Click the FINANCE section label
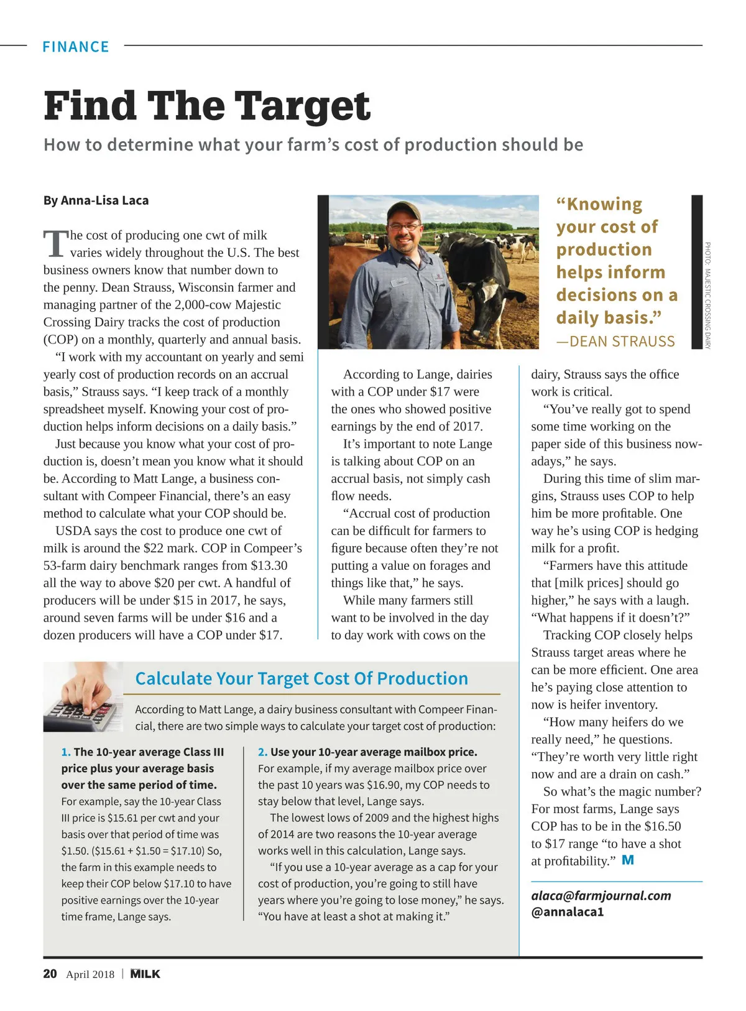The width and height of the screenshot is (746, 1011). pos(75,47)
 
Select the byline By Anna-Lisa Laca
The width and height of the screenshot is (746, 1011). pos(96,200)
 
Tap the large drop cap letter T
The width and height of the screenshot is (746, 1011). pos(55,243)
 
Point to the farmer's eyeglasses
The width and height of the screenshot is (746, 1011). pos(404,226)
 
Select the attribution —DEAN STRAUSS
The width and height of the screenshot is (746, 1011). pos(615,342)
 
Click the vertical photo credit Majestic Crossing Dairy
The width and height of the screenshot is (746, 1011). pos(707,296)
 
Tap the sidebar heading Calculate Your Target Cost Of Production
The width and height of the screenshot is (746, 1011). pos(302,679)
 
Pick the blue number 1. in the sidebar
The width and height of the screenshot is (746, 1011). pos(66,752)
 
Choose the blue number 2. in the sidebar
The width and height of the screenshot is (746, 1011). pos(262,752)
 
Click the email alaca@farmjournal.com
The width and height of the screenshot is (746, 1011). pos(601,895)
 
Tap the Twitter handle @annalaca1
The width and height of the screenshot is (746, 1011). pos(567,912)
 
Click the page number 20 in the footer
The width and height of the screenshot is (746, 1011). pos(50,974)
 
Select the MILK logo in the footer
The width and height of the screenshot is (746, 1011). pos(145,974)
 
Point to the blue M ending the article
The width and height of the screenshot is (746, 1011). pos(628,860)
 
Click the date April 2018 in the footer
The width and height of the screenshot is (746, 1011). pos(90,974)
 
